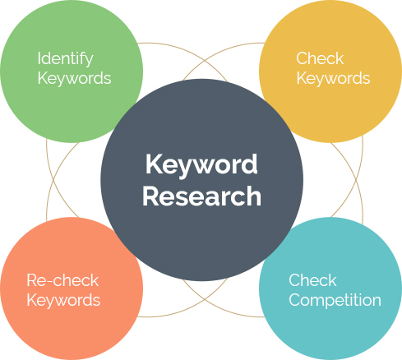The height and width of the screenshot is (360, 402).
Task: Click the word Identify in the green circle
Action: (x=65, y=59)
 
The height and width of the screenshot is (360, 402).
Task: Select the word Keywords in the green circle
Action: (x=74, y=79)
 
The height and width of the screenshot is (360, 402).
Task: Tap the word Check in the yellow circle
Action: (x=320, y=58)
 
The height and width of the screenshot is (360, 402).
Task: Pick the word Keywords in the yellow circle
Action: (x=333, y=79)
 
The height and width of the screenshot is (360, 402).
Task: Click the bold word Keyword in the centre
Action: (x=201, y=165)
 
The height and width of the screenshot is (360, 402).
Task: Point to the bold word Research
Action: (x=201, y=196)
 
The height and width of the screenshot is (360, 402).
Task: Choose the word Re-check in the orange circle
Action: (x=62, y=280)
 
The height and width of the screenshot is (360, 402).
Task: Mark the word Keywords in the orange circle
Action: (x=63, y=301)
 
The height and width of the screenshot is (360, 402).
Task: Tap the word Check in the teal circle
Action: (x=312, y=280)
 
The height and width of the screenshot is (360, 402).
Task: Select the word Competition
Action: (x=335, y=300)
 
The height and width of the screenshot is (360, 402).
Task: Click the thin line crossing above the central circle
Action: (x=205, y=61)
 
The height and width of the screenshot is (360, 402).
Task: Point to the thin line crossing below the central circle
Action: (x=205, y=299)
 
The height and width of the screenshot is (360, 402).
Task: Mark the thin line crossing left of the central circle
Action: (x=53, y=180)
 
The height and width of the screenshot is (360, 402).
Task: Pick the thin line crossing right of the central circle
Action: (x=357, y=180)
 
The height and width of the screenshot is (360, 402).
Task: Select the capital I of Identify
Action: (x=39, y=58)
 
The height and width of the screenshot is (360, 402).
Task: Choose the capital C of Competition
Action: (x=295, y=300)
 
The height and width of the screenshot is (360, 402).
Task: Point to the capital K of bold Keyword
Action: (x=155, y=164)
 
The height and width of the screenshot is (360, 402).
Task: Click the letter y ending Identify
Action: (x=89, y=62)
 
